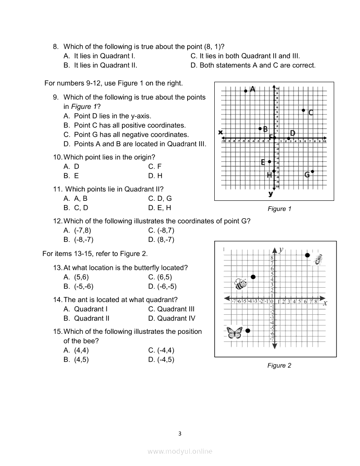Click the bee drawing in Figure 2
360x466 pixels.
coord(241,283)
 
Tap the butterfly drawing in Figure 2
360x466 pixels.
coord(234,333)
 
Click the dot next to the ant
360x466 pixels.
coord(307,255)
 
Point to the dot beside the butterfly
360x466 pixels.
coord(248,330)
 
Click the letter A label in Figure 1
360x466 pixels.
coord(252,89)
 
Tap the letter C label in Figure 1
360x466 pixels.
coord(310,112)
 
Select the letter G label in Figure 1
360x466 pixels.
coord(307,175)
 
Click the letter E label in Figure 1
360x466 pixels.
coord(263,162)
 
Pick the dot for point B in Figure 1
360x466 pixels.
coord(260,128)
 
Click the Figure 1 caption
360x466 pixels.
coord(279,208)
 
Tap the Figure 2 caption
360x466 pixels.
coord(279,365)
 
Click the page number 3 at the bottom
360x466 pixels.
coord(180,433)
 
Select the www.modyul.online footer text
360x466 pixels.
coord(180,451)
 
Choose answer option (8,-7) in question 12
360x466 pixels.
coord(161,239)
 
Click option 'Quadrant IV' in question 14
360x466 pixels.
coord(172,318)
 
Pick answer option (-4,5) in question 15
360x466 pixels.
coord(161,360)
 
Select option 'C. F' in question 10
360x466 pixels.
coord(155,166)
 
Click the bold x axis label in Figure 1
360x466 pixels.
coord(220,132)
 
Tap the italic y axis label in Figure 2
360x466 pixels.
coord(281,250)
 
